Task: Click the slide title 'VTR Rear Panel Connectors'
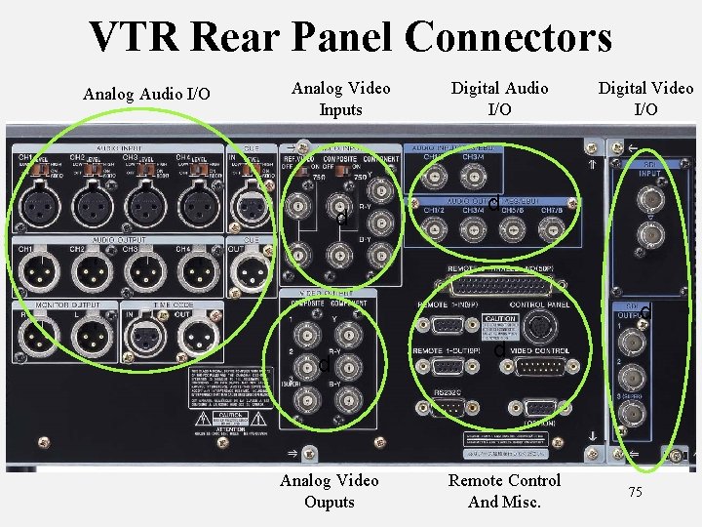pyautogui.click(x=351, y=37)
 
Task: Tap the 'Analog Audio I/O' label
pyautogui.click(x=146, y=95)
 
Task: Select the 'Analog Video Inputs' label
pyautogui.click(x=340, y=99)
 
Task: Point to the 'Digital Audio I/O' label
pyautogui.click(x=499, y=99)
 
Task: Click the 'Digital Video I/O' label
pyautogui.click(x=645, y=99)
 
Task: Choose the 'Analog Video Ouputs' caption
pyautogui.click(x=330, y=491)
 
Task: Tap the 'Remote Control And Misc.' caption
pyautogui.click(x=504, y=491)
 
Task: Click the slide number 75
pyautogui.click(x=635, y=492)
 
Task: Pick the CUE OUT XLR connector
pyautogui.click(x=250, y=270)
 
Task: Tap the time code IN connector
pyautogui.click(x=144, y=339)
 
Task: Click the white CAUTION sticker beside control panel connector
pyautogui.click(x=499, y=325)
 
